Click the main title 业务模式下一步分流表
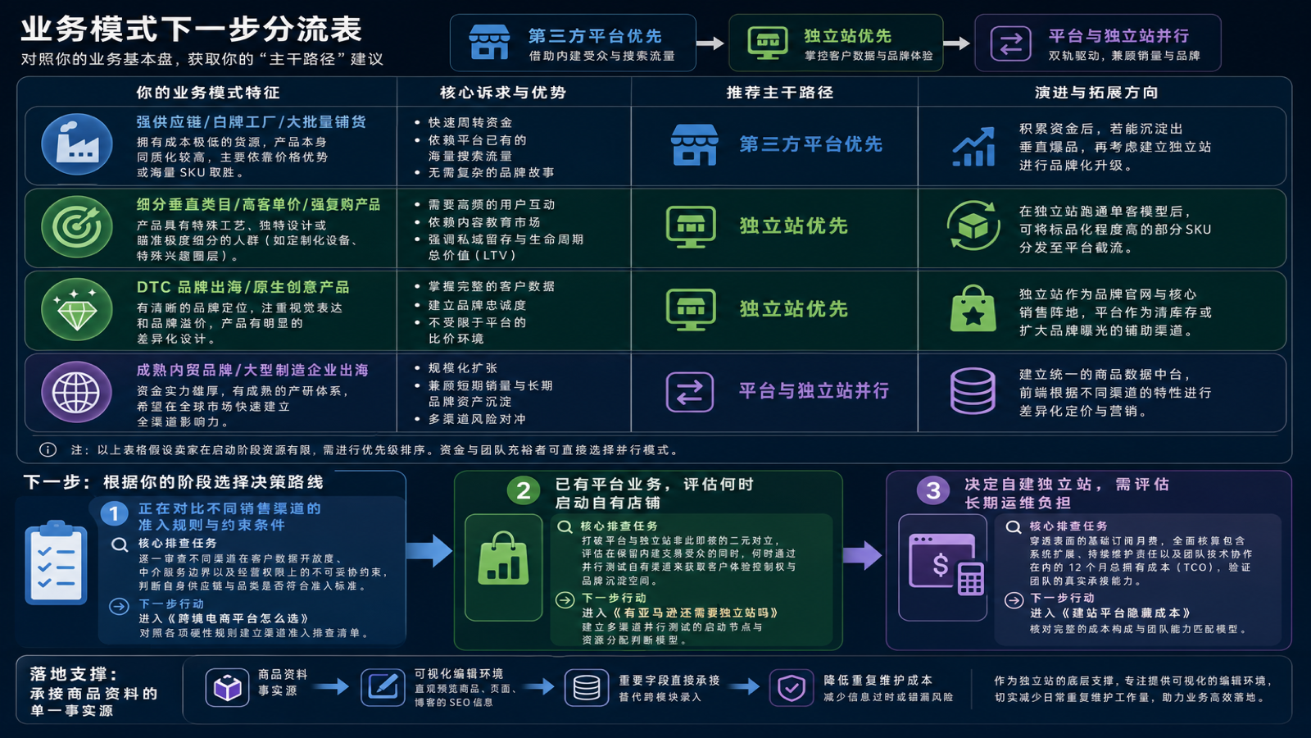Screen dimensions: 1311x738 pyautogui.click(x=192, y=30)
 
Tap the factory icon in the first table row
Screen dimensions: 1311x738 pyautogui.click(x=77, y=144)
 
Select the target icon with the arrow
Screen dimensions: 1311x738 pyautogui.click(x=77, y=226)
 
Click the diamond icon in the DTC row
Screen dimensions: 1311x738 pyautogui.click(x=77, y=309)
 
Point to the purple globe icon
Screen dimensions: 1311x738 pyautogui.click(x=77, y=392)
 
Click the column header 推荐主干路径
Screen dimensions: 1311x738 pyautogui.click(x=779, y=93)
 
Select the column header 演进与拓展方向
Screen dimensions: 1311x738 pyautogui.click(x=1096, y=93)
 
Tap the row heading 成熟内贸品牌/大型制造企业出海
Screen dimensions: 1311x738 pyautogui.click(x=252, y=370)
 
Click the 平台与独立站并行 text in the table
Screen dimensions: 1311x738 pyautogui.click(x=814, y=390)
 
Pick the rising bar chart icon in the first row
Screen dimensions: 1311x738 pyautogui.click(x=973, y=147)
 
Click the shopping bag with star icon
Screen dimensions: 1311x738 pyautogui.click(x=973, y=308)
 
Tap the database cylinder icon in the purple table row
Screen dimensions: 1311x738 pyautogui.click(x=973, y=390)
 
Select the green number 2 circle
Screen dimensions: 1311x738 pyautogui.click(x=524, y=491)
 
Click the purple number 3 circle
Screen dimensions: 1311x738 pyautogui.click(x=933, y=491)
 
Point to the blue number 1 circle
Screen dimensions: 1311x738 pyautogui.click(x=114, y=514)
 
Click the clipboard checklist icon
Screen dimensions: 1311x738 pyautogui.click(x=57, y=563)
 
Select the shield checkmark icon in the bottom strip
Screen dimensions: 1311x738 pyautogui.click(x=792, y=688)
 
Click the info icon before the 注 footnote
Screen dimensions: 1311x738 pyautogui.click(x=48, y=450)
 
